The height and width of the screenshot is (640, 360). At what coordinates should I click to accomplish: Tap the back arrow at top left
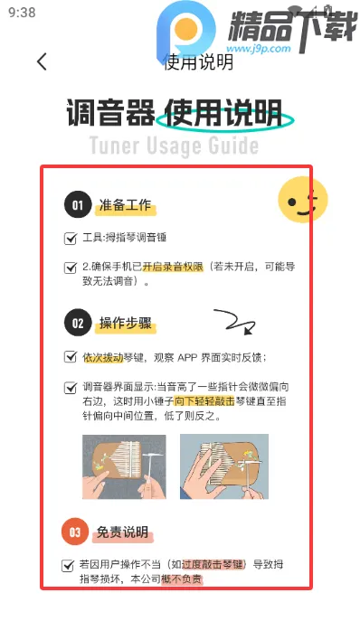coord(42,61)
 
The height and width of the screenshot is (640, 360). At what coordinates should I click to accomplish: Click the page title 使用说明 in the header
coord(198,61)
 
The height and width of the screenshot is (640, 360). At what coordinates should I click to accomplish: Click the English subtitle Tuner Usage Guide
coord(174,146)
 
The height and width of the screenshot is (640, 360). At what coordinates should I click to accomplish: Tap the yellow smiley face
coord(301,200)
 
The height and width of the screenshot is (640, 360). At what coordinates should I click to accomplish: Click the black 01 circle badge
coord(78,206)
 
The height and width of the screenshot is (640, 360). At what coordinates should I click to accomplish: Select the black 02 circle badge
coord(78,323)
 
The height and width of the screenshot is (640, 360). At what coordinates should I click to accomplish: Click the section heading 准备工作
coord(126,207)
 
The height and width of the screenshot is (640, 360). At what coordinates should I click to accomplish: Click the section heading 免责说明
coord(123,532)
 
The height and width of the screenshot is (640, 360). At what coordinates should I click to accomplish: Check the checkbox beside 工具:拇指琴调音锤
coord(71,239)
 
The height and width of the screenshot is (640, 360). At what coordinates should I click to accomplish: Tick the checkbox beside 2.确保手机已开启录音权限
coord(71,268)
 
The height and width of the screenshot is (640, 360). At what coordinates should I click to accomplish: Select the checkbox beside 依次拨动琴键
coord(71,357)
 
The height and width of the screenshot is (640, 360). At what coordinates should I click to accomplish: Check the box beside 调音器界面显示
coord(71,387)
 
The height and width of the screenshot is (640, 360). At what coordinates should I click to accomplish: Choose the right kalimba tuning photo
coord(223,467)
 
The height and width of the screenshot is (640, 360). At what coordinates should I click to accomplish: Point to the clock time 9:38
coord(22,13)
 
